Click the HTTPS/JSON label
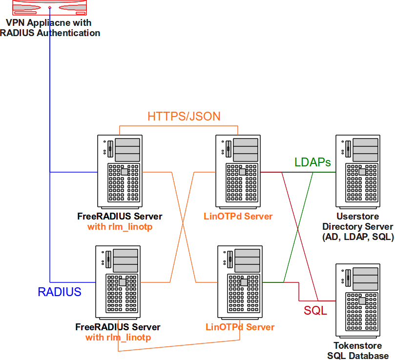[x=184, y=116]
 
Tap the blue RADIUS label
[x=60, y=292]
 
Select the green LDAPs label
[x=312, y=162]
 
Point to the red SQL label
[x=315, y=311]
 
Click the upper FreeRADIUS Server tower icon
[x=120, y=169]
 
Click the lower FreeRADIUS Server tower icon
[x=118, y=280]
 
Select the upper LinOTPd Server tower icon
[x=238, y=169]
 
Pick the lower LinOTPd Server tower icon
[x=239, y=280]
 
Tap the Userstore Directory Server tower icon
[x=358, y=169]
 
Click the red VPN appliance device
[x=50, y=6]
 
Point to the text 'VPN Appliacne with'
[x=48, y=23]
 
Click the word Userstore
[x=358, y=217]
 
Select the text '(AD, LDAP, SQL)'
[x=358, y=237]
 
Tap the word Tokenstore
[x=358, y=346]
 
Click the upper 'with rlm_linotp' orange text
[x=120, y=227]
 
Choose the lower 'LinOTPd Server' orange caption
[x=240, y=327]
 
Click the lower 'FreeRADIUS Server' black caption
[x=118, y=327]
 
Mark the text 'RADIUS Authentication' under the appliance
[x=50, y=33]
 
